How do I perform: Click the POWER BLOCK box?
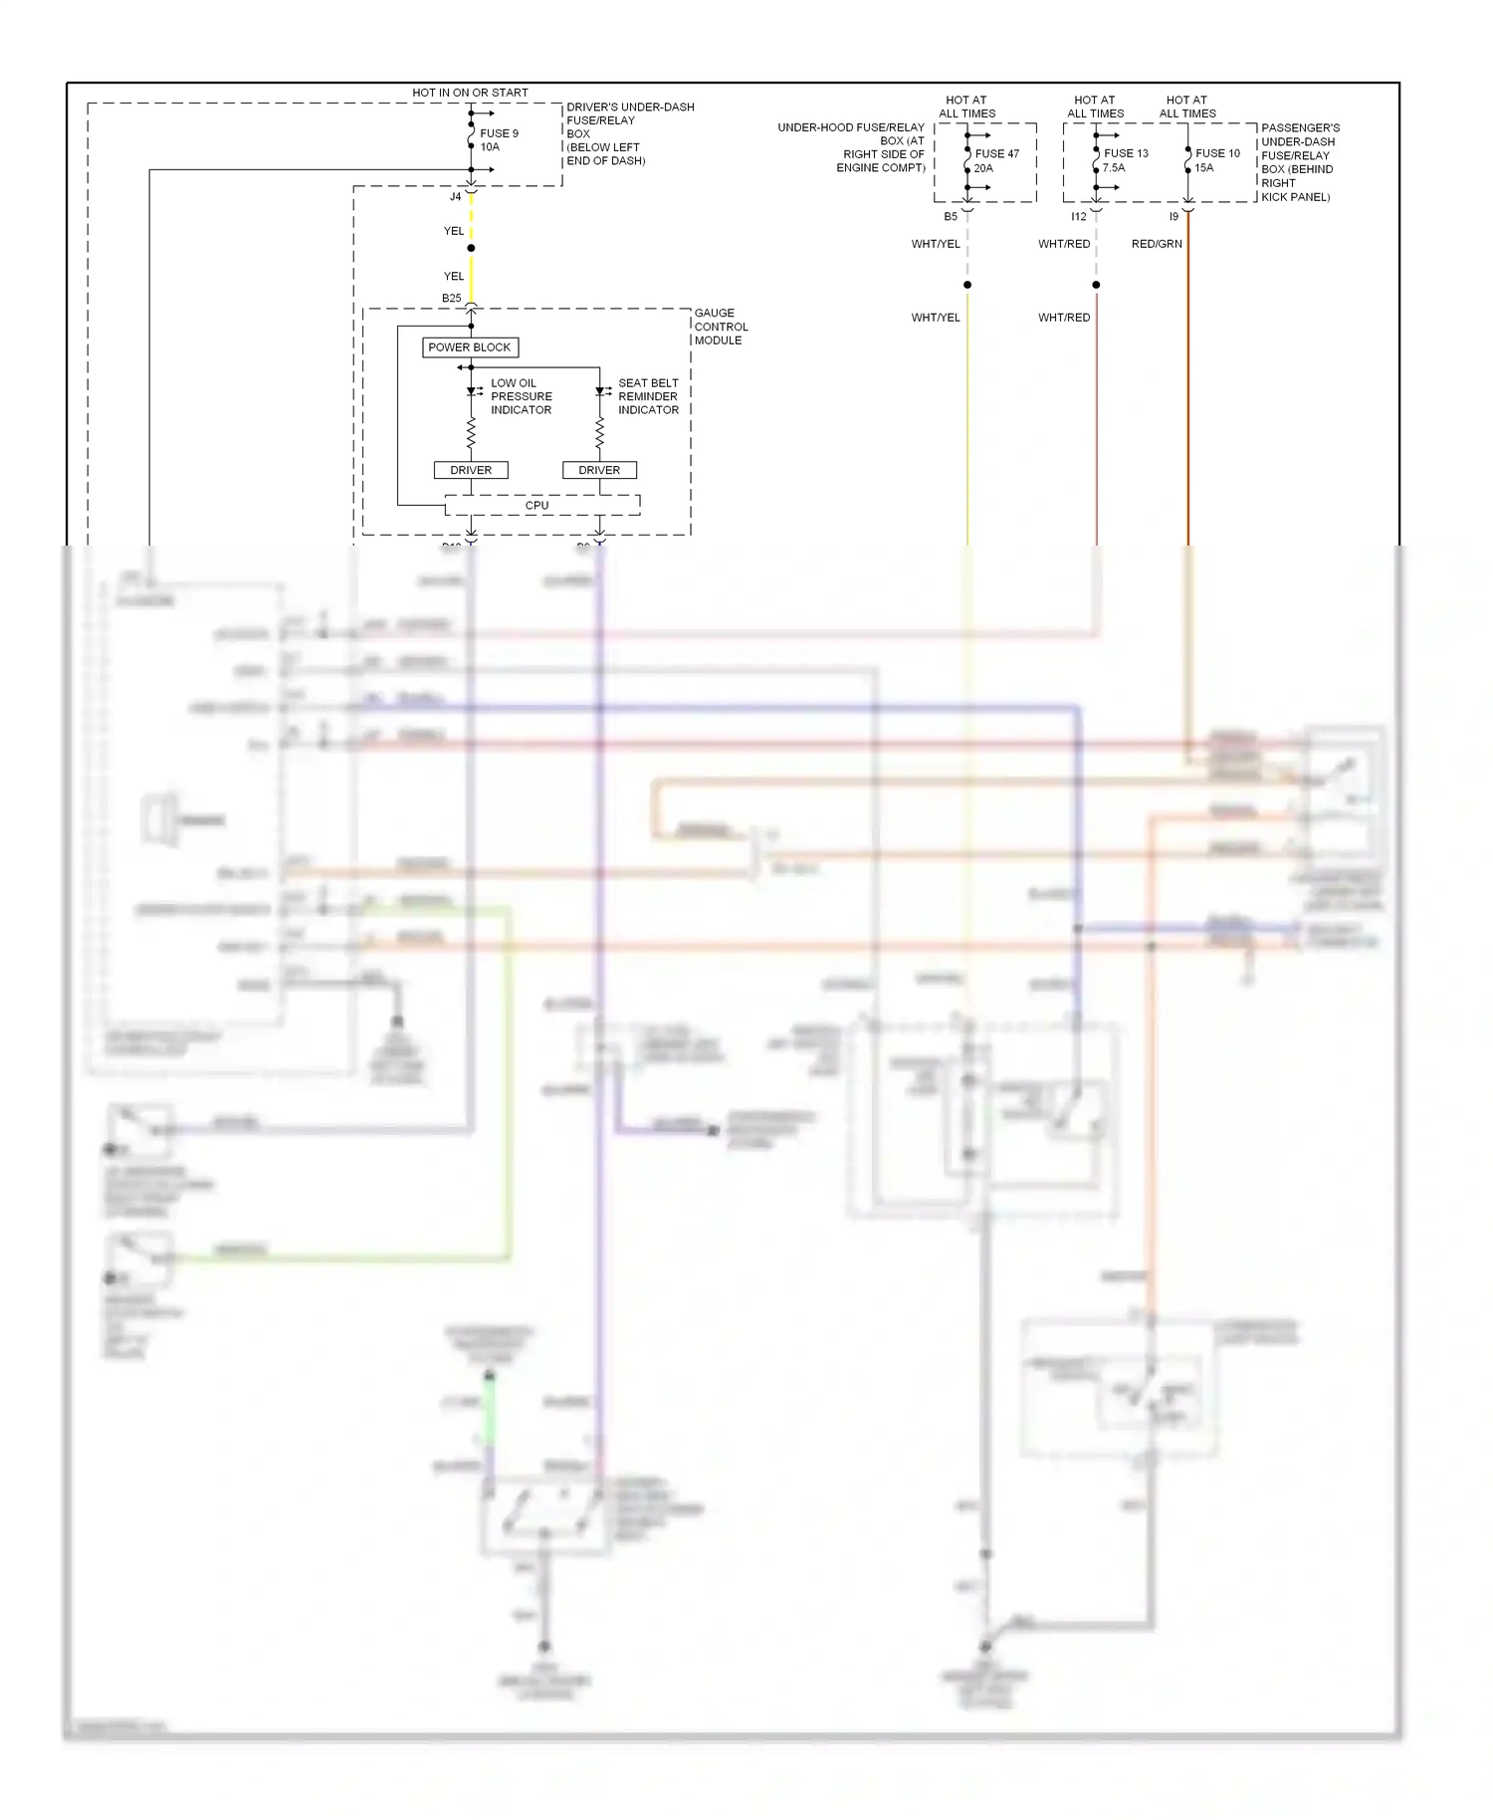[470, 347]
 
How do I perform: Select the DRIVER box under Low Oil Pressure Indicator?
[471, 470]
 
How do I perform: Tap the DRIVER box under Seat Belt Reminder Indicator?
[599, 470]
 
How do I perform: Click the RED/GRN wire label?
[1157, 244]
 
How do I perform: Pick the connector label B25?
[452, 299]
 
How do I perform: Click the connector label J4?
[456, 197]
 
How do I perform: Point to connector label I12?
[1079, 217]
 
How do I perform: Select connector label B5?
[951, 217]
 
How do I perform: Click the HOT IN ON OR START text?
[470, 93]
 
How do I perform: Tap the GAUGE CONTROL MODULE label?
[721, 327]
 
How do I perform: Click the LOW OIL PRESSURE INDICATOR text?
[521, 396]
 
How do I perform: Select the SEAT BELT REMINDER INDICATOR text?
[648, 396]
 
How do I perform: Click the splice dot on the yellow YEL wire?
[471, 248]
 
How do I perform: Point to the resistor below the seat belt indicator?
[599, 433]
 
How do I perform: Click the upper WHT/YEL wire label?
[936, 244]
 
